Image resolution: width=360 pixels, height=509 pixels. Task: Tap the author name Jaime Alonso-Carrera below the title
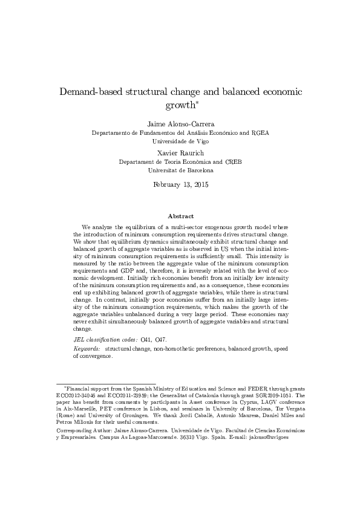coord(180,123)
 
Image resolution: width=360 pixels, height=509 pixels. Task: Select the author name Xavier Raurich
coord(180,154)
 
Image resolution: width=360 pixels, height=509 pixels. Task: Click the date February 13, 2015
coord(180,185)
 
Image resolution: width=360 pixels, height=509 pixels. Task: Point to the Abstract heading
coord(180,216)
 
